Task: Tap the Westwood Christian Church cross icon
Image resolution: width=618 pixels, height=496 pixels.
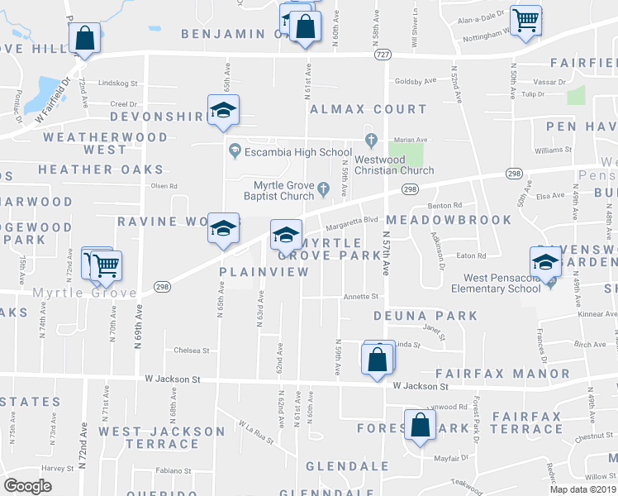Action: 371,139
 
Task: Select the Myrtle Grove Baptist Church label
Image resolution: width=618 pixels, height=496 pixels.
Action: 278,189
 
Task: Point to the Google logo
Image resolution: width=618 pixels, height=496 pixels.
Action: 28,485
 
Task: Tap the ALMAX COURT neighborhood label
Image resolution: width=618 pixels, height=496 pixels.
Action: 368,109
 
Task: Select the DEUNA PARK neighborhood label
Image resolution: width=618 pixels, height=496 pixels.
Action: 425,316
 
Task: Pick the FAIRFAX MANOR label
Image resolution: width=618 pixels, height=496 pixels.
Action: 502,374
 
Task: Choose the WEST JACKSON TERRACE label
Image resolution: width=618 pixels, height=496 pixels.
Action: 161,437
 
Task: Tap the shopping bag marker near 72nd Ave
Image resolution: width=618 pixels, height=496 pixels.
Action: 85,37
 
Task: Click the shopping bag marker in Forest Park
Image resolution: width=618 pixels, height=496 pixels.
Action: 420,426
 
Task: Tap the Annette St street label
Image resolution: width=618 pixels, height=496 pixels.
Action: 361,296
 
